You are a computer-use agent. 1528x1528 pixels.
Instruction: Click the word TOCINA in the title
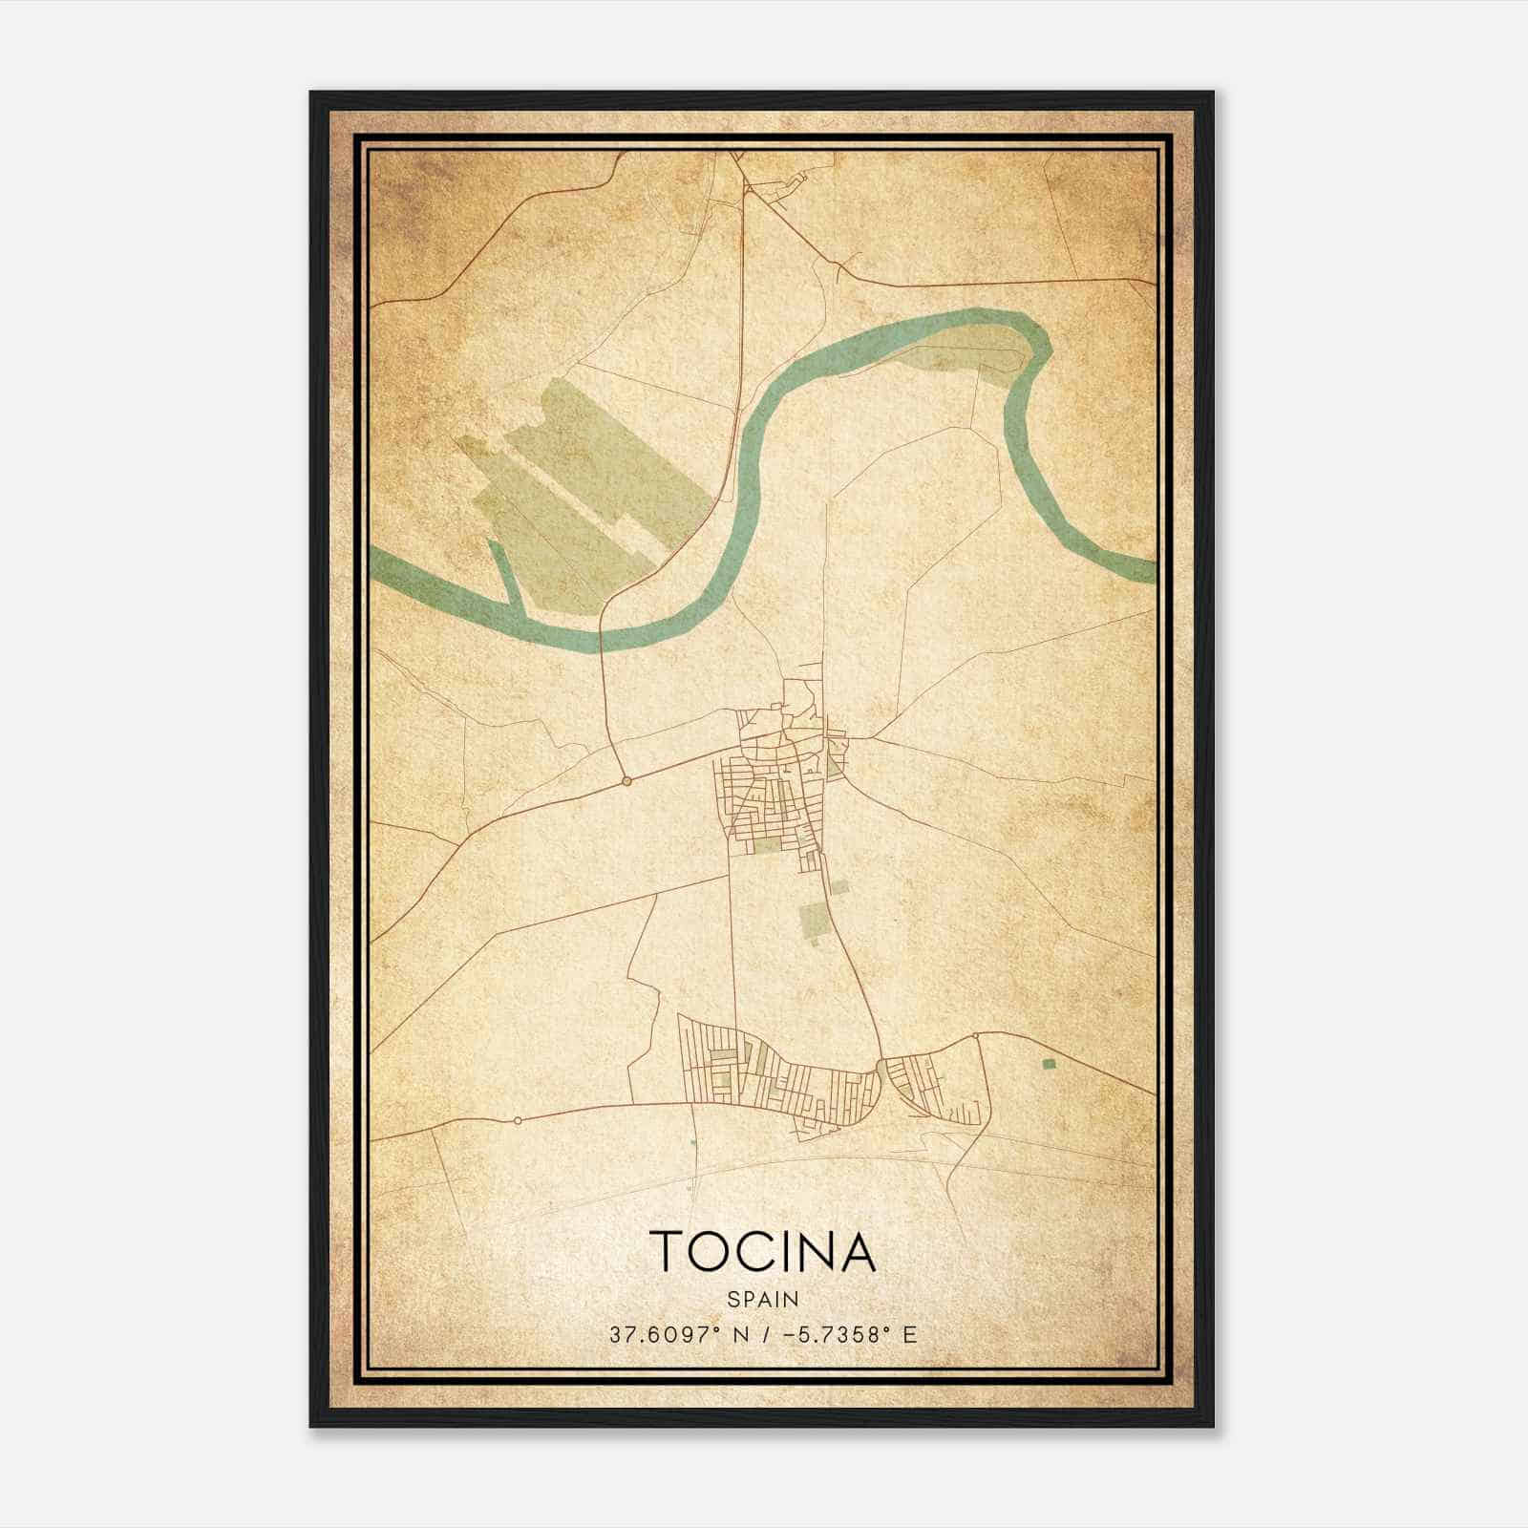[x=762, y=1251]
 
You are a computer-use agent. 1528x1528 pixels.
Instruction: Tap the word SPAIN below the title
[x=763, y=1299]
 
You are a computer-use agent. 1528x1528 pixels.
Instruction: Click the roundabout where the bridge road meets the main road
[x=626, y=781]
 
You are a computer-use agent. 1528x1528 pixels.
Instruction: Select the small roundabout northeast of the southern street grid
[x=976, y=1035]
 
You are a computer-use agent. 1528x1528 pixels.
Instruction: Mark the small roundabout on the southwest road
[x=517, y=1119]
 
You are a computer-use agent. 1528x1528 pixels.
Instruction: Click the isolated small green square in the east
[x=1049, y=1063]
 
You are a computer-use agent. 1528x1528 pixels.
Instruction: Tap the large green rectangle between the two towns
[x=814, y=917]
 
